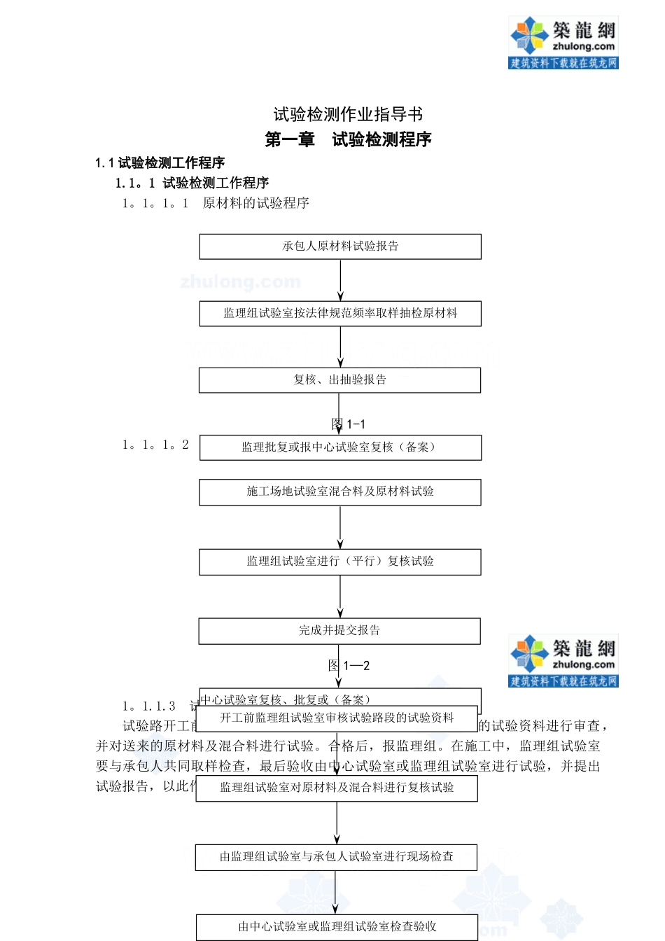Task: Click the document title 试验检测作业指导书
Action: click(x=348, y=114)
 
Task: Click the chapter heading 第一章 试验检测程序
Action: click(x=348, y=139)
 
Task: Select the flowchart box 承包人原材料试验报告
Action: click(x=340, y=246)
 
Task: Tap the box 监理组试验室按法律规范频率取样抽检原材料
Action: click(x=340, y=314)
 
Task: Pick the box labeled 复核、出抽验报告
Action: click(x=339, y=380)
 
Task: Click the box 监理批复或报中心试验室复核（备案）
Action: click(x=340, y=447)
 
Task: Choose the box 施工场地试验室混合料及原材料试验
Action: click(x=339, y=492)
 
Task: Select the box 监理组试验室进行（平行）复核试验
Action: click(x=339, y=562)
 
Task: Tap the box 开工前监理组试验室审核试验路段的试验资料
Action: click(x=337, y=718)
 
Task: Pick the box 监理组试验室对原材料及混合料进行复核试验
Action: click(x=337, y=788)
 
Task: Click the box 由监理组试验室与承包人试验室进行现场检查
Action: click(x=336, y=857)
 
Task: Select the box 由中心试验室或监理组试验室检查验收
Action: click(x=337, y=927)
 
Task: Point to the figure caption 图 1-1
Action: click(x=349, y=424)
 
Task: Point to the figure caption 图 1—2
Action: click(x=349, y=666)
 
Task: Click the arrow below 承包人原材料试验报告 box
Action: click(x=341, y=280)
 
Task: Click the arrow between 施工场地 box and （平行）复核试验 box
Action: click(x=340, y=527)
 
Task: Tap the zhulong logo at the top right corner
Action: click(x=563, y=42)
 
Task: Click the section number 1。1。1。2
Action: click(x=155, y=445)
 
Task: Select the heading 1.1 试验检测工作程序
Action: click(x=160, y=163)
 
